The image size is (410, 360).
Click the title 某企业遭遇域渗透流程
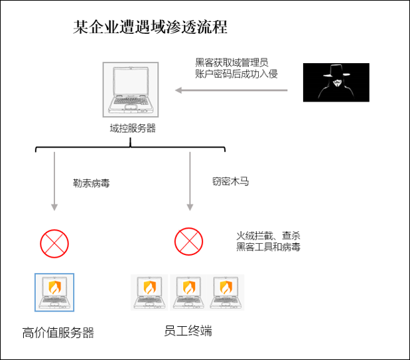coord(150,27)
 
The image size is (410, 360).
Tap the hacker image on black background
coord(336,82)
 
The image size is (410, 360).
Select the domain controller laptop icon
coord(131,90)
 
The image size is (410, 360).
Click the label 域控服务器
coord(133,128)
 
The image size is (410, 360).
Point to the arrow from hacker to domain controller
coord(231,90)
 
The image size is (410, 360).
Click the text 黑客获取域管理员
coord(232,62)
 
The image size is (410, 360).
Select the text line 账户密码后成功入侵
coord(236,74)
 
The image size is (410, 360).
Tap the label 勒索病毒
coord(92,183)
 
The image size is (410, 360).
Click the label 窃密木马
coord(230,181)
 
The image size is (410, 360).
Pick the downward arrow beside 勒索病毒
coord(54,181)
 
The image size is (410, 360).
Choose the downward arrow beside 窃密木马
coord(190,181)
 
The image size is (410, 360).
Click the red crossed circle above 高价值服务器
coord(54,244)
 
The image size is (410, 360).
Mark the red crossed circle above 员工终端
coord(189,241)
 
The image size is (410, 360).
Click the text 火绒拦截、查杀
coord(268,236)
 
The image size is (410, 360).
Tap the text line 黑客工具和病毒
coord(268,246)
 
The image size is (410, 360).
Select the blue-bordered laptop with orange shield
coord(54,292)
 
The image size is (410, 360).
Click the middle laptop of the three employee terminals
coord(188,292)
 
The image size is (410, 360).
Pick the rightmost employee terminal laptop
coord(226,292)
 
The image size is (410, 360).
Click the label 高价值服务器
coord(58,333)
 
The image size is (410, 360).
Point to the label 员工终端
coord(188,331)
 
